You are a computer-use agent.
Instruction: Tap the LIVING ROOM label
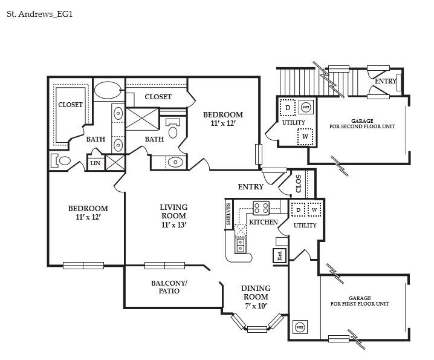tap(173, 211)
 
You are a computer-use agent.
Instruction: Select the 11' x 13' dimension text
tap(173, 225)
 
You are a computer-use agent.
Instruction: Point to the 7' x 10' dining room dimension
tap(256, 306)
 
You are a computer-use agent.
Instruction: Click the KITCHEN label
tap(264, 222)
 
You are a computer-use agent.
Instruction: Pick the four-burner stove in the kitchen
tap(261, 208)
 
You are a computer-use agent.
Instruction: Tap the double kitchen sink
tap(241, 245)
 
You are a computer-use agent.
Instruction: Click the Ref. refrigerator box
tap(280, 255)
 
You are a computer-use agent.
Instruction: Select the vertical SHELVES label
tap(228, 214)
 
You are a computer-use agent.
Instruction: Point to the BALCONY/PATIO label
tap(169, 287)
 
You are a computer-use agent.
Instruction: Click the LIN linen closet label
tap(96, 163)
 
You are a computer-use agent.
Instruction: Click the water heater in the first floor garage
tap(299, 327)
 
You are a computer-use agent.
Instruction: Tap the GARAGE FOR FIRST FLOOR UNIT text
tap(359, 301)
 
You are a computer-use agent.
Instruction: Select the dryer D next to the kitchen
tap(297, 211)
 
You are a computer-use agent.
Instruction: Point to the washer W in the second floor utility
tap(305, 137)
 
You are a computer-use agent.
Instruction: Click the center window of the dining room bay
tap(257, 329)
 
